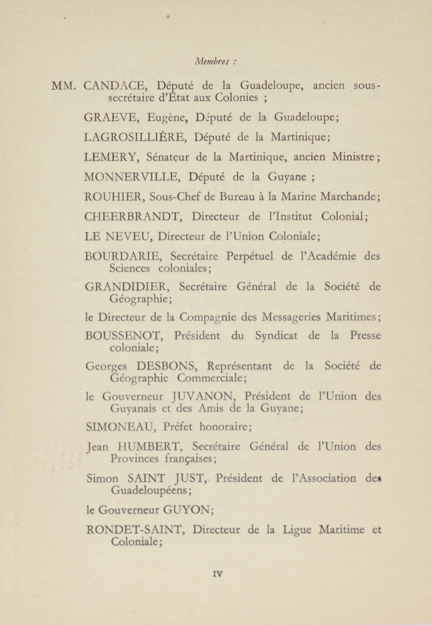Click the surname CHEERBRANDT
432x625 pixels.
132,216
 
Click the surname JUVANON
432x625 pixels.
203,397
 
